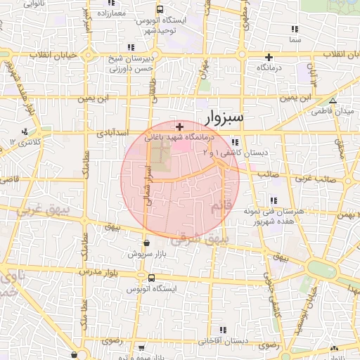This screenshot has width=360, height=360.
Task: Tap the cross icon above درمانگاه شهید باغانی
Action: [x=180, y=127]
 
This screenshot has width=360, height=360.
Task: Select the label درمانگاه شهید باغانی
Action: [x=180, y=139]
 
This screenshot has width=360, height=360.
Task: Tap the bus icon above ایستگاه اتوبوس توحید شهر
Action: [x=160, y=10]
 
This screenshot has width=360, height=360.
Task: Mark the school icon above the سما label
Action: [x=295, y=30]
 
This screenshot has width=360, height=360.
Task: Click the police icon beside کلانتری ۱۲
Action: [x=25, y=131]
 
